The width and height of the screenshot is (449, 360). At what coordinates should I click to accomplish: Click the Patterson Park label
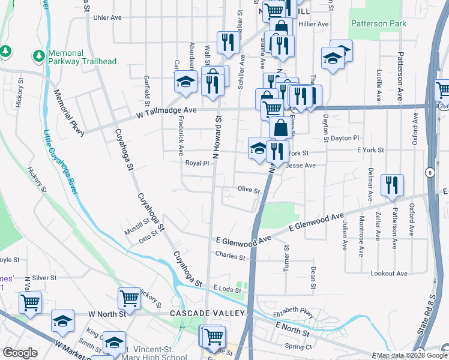pos(378,24)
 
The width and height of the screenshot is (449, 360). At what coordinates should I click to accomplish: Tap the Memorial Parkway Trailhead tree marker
pos(39,56)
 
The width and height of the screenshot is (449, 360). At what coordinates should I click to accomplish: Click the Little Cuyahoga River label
pos(60,161)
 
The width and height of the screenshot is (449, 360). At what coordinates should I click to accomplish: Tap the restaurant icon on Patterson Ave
pos(392,186)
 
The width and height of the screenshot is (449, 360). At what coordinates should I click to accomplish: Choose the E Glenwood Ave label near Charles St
pos(244,240)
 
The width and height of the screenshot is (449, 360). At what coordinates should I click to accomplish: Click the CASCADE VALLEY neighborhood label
pos(208,314)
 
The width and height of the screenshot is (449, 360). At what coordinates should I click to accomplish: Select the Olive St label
pos(249,190)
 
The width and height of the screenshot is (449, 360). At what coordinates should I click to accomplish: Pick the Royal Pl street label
pos(197,163)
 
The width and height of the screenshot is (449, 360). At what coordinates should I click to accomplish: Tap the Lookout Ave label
pos(390,274)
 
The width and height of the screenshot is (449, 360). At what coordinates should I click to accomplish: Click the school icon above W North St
pos(62,321)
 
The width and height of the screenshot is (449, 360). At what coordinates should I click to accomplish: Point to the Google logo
pos(20,353)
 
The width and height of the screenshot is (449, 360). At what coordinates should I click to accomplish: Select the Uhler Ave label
pos(108,17)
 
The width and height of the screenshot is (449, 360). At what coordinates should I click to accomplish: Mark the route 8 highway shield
pos(430,173)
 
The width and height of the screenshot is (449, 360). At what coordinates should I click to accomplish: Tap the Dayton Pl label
pos(345,137)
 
